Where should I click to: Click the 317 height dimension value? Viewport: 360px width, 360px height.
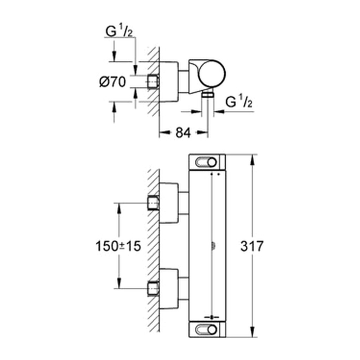tap(252, 246)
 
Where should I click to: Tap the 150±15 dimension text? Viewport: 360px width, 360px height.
tap(118, 246)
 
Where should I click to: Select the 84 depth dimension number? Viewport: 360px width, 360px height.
tap(183, 133)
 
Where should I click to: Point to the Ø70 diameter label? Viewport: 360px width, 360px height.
tap(112, 82)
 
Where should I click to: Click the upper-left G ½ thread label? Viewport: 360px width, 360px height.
tap(119, 31)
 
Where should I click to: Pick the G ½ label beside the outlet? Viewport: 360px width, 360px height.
tap(239, 102)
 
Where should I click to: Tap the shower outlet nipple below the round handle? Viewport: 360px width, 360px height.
tap(207, 94)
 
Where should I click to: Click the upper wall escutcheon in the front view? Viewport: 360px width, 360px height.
tap(169, 203)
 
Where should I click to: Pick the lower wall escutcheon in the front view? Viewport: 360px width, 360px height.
tap(169, 289)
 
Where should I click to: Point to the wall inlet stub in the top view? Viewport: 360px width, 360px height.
tap(153, 82)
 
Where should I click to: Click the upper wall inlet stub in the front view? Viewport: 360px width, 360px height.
tap(153, 203)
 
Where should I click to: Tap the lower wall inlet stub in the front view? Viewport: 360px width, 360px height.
tap(153, 288)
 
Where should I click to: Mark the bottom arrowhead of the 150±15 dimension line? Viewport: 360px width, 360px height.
tap(119, 283)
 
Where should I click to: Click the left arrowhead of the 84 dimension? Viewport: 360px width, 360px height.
tap(165, 132)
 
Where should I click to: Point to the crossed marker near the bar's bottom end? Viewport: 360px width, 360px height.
tap(212, 317)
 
